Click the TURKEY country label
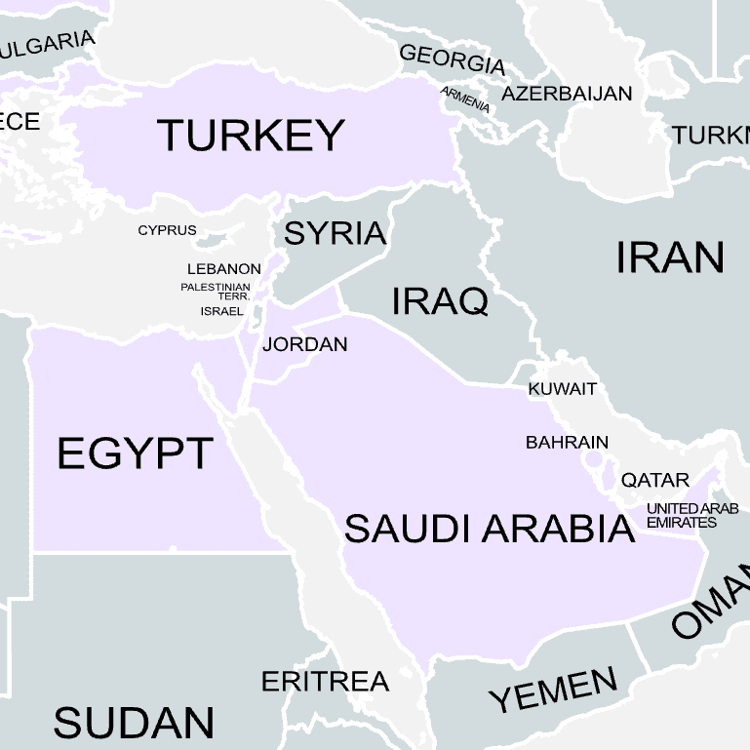pos(251,136)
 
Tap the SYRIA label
pos(335,234)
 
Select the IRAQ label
pos(439,301)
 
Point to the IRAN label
pos(670,257)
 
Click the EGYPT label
pos(135,454)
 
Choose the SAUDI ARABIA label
pos(490,529)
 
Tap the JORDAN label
pos(304,344)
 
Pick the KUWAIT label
pos(562,389)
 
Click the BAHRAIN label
pos(567,443)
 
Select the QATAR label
pos(655,480)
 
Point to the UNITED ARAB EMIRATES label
pos(691,515)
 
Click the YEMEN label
pos(553,691)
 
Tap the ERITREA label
pos(325,681)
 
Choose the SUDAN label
pos(134,723)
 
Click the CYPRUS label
pos(167,231)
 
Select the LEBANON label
pos(223,269)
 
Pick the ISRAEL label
pos(221,311)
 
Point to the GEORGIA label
pos(453,59)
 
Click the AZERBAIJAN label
pos(567,95)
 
